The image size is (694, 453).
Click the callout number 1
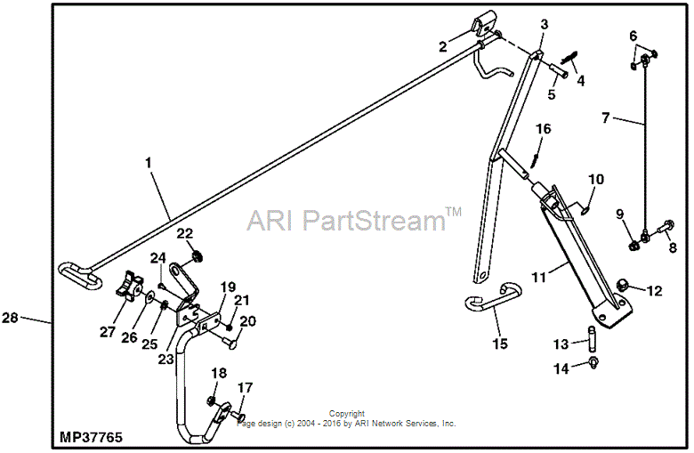[149, 163]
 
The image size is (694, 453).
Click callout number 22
[184, 233]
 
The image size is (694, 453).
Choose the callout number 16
[542, 130]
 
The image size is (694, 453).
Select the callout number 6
[633, 36]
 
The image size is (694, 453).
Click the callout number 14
[561, 367]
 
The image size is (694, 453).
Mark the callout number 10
[594, 180]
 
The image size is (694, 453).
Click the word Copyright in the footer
[347, 414]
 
